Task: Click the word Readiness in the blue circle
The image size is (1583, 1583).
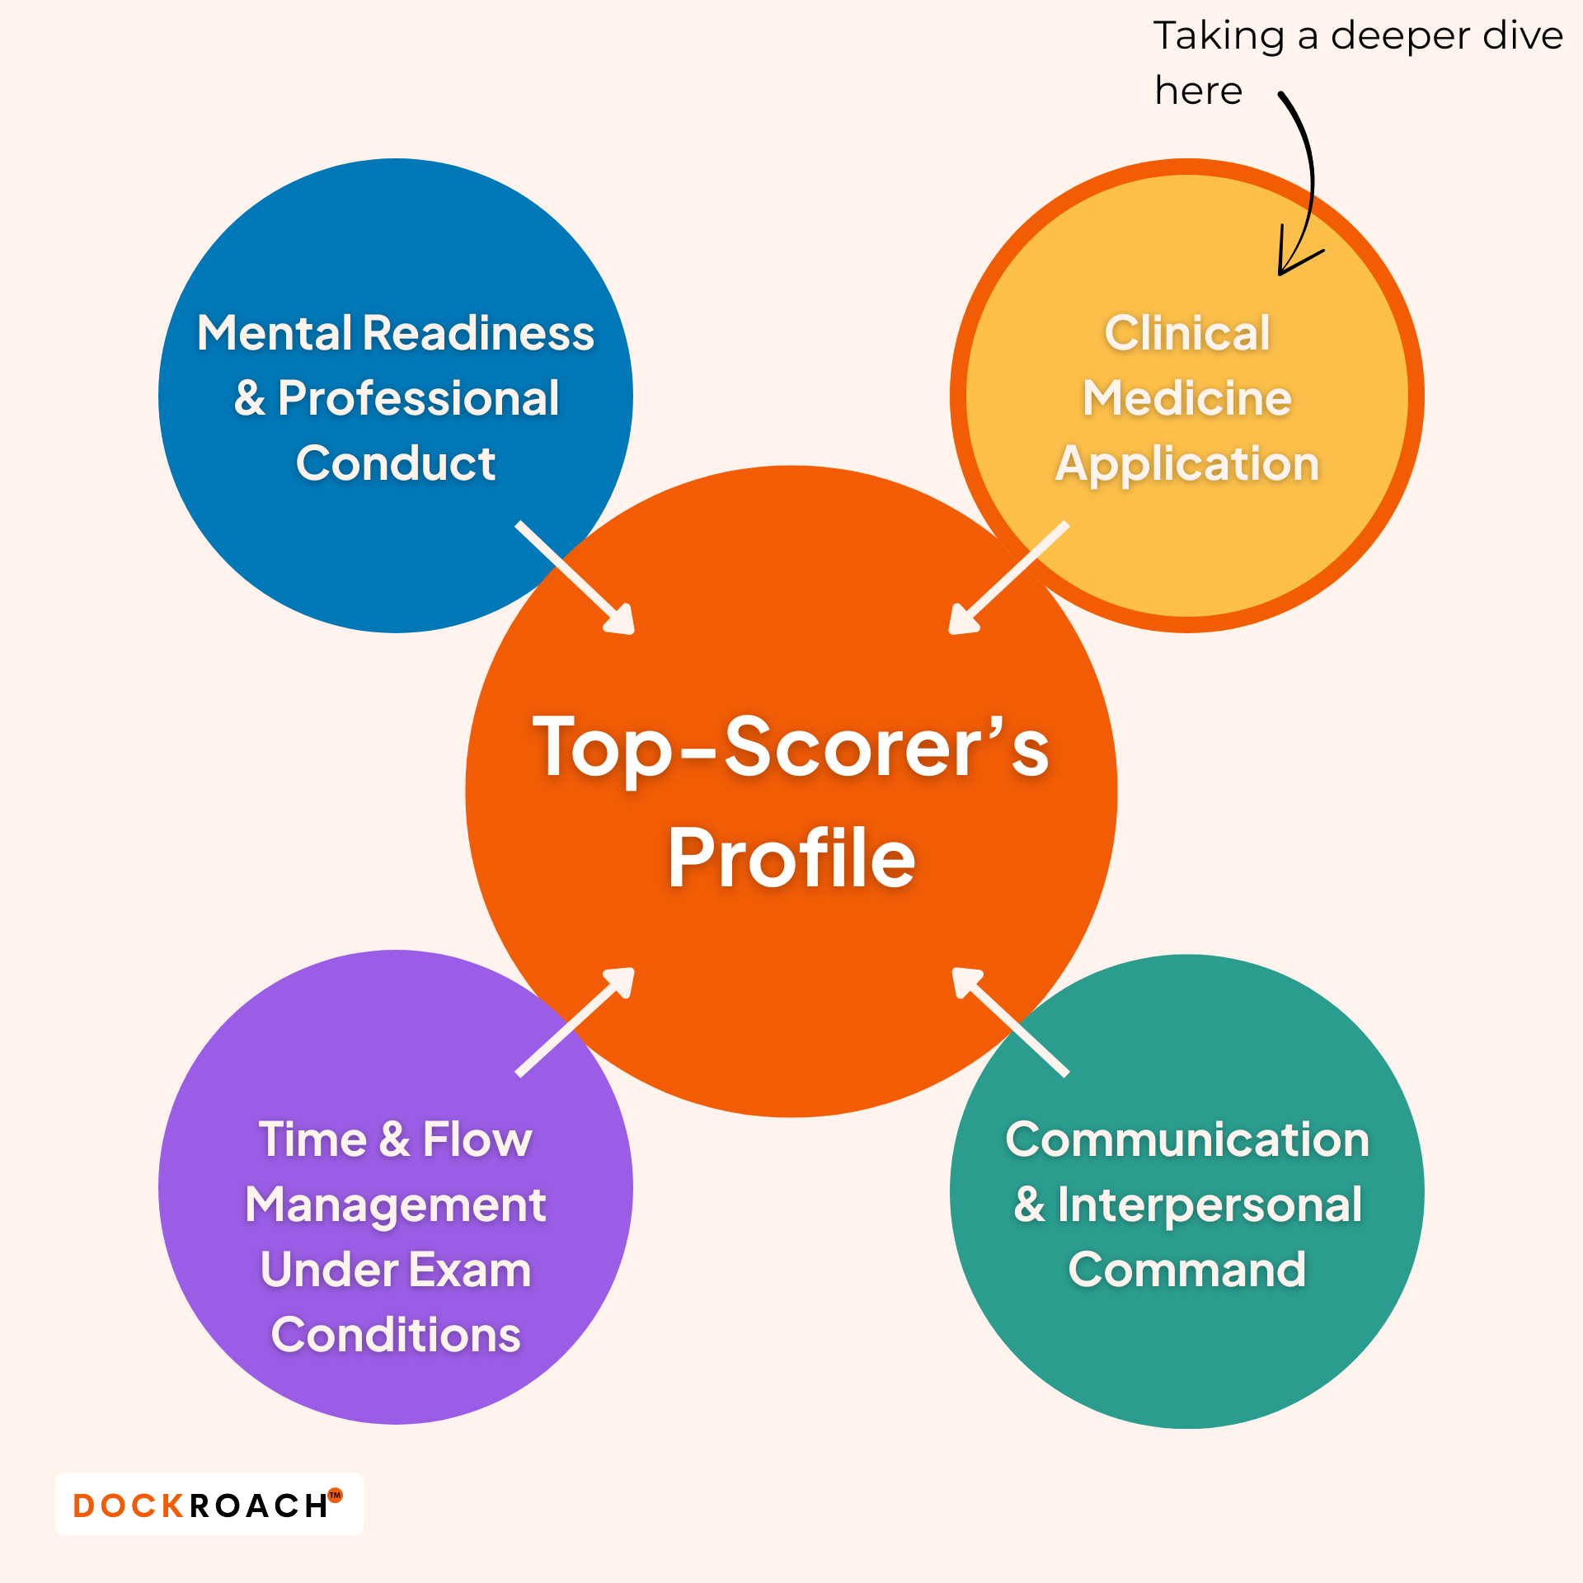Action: [x=478, y=333]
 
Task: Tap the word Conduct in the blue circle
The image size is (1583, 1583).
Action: [x=396, y=463]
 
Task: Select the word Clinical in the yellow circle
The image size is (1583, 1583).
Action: [x=1187, y=333]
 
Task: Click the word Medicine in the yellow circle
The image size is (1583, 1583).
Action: [x=1187, y=399]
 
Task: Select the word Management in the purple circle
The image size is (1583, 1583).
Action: [x=396, y=1205]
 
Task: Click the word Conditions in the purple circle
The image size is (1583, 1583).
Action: [x=396, y=1336]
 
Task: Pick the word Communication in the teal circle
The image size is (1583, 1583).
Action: [x=1187, y=1140]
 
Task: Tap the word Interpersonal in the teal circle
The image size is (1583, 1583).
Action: [x=1210, y=1205]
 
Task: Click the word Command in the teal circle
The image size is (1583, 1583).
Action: [x=1187, y=1270]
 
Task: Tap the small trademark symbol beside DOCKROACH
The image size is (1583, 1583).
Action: [x=336, y=1495]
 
